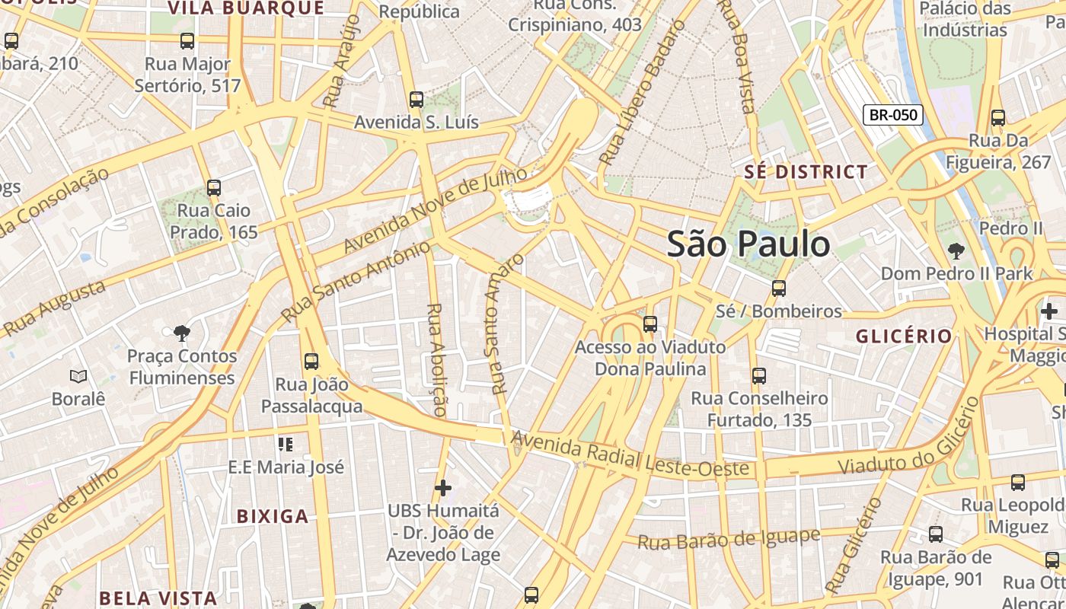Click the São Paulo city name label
pyautogui.click(x=748, y=244)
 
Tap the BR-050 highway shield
pyautogui.click(x=892, y=115)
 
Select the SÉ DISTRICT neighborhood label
pyautogui.click(x=806, y=172)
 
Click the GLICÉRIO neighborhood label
pyautogui.click(x=904, y=336)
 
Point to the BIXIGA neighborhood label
pyautogui.click(x=273, y=516)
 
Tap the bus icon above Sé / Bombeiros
pyautogui.click(x=778, y=289)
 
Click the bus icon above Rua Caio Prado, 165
pyautogui.click(x=214, y=187)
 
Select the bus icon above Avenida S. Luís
pyautogui.click(x=416, y=99)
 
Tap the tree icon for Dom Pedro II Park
pyautogui.click(x=956, y=250)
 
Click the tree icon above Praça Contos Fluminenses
pyautogui.click(x=181, y=333)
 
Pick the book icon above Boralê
pyautogui.click(x=78, y=376)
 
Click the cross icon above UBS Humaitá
pyautogui.click(x=443, y=487)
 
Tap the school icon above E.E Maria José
pyautogui.click(x=286, y=444)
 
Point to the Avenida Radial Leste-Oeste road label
pyautogui.click(x=630, y=454)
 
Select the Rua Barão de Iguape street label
pyautogui.click(x=728, y=539)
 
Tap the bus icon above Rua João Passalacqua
pyautogui.click(x=311, y=362)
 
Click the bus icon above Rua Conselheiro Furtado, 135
pyautogui.click(x=758, y=375)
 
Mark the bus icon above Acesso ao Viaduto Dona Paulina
pyautogui.click(x=649, y=324)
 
